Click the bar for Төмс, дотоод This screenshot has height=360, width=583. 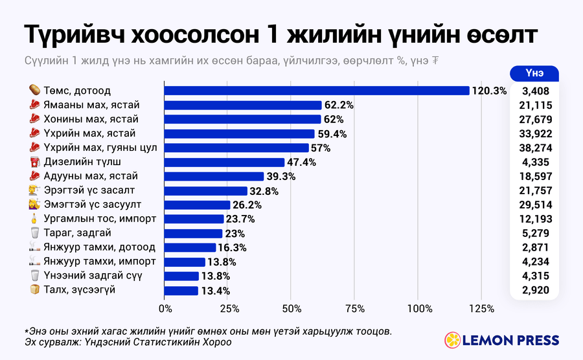tap(317, 91)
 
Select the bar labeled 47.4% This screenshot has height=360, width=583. tap(224, 163)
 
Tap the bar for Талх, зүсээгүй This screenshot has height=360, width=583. tap(181, 291)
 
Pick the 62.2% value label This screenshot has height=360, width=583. tap(339, 105)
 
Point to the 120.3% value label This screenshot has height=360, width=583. tap(489, 91)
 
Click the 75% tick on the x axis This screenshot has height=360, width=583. tap(355, 309)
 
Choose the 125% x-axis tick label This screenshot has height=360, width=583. tap(482, 309)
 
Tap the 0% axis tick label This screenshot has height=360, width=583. tap(165, 309)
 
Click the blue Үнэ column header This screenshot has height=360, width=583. tap(534, 73)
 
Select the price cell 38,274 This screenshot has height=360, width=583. tap(536, 148)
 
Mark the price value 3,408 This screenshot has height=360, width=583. tap(536, 91)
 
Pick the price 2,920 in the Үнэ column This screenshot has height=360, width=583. tap(536, 290)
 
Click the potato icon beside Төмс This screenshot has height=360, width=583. tap(34, 90)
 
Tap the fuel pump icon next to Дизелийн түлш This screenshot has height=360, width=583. tap(34, 162)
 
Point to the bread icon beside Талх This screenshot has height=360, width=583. tap(34, 289)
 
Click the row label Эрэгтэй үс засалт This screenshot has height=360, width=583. tap(89, 190)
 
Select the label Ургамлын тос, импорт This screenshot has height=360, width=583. tap(100, 219)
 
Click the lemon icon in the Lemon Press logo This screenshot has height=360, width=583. tap(453, 340)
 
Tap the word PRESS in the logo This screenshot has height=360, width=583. tap(536, 341)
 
